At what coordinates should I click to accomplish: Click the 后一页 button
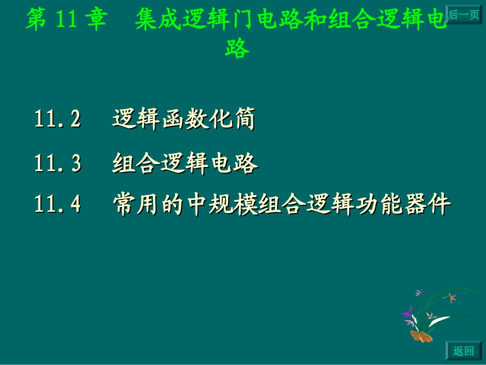464,15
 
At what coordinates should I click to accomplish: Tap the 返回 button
463,351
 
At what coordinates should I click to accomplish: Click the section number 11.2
58,120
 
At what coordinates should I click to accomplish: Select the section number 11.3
58,164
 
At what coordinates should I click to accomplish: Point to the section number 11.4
58,205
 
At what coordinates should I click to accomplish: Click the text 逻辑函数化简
184,120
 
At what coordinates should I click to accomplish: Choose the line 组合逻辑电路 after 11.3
185,164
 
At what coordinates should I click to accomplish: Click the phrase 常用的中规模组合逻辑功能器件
281,205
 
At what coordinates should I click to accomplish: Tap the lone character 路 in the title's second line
237,48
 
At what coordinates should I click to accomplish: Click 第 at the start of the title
36,20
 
